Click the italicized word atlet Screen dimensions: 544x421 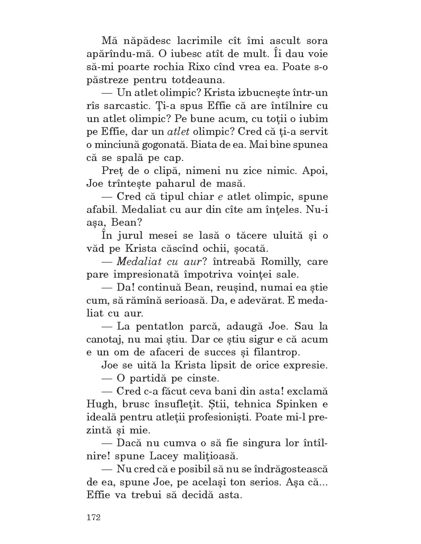tap(179, 132)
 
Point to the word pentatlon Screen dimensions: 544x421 tap(162, 327)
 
